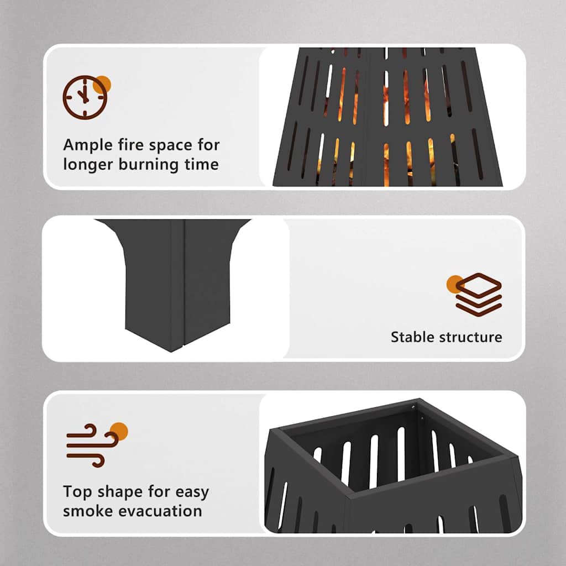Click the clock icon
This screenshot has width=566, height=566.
pos(85,97)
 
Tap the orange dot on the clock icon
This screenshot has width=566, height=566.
pos(102,85)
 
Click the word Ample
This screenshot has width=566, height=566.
pos(88,146)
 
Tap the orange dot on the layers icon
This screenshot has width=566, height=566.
pos(455,284)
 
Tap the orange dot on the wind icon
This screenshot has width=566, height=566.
pos(119,431)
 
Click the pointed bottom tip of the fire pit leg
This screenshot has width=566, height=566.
pos(171,351)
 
